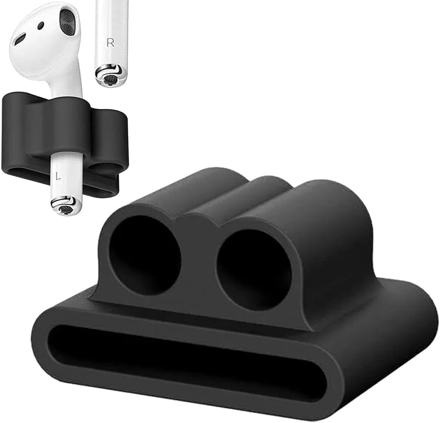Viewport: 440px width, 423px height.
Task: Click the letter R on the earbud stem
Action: [111, 43]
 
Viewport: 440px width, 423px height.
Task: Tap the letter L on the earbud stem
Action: [58, 177]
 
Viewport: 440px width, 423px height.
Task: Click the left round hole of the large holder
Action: [145, 255]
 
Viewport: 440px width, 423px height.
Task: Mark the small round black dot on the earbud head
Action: [41, 25]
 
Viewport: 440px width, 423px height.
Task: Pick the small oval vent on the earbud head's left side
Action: [20, 39]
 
